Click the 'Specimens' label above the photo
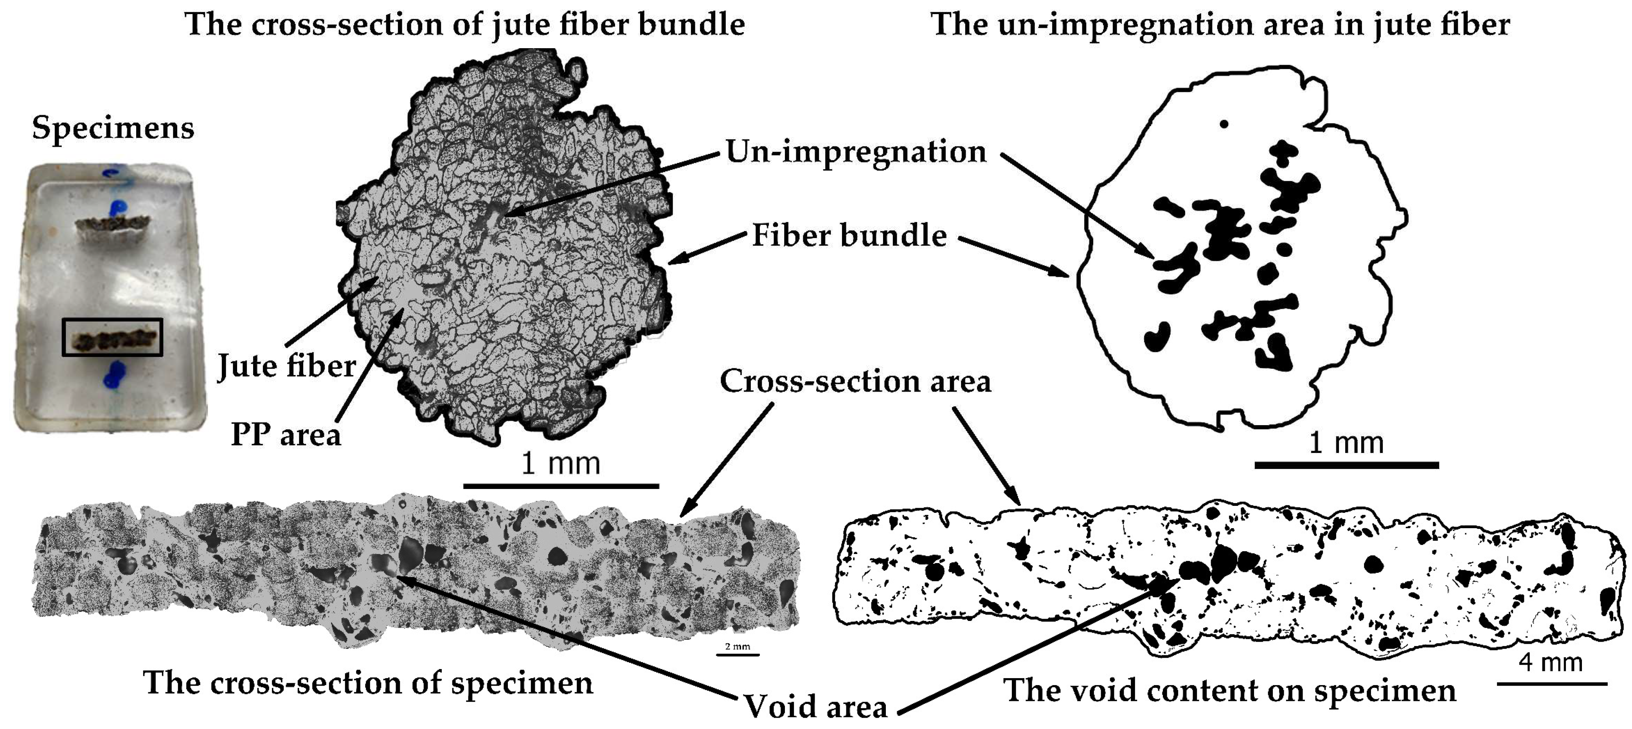tap(113, 128)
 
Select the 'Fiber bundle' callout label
tap(849, 236)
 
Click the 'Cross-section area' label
tap(855, 382)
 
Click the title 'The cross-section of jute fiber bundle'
tap(464, 24)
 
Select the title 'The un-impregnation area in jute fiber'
tap(1220, 24)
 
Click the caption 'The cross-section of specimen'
tap(368, 683)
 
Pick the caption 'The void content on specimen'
tap(1230, 690)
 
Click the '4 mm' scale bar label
tap(1550, 663)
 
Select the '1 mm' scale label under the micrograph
tap(560, 464)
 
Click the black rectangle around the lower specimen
tap(112, 337)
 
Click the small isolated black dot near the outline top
tap(1224, 124)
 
